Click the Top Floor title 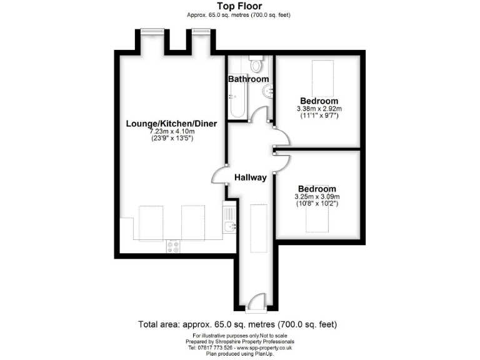point(239,7)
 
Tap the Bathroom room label point(248,79)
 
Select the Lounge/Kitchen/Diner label point(171,124)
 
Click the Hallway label point(250,177)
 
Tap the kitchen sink point(229,226)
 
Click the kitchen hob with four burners point(173,246)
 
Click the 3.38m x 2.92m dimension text point(319,109)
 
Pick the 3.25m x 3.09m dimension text point(317,197)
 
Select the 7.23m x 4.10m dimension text point(171,132)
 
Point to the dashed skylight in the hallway point(257,227)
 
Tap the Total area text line point(237,325)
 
